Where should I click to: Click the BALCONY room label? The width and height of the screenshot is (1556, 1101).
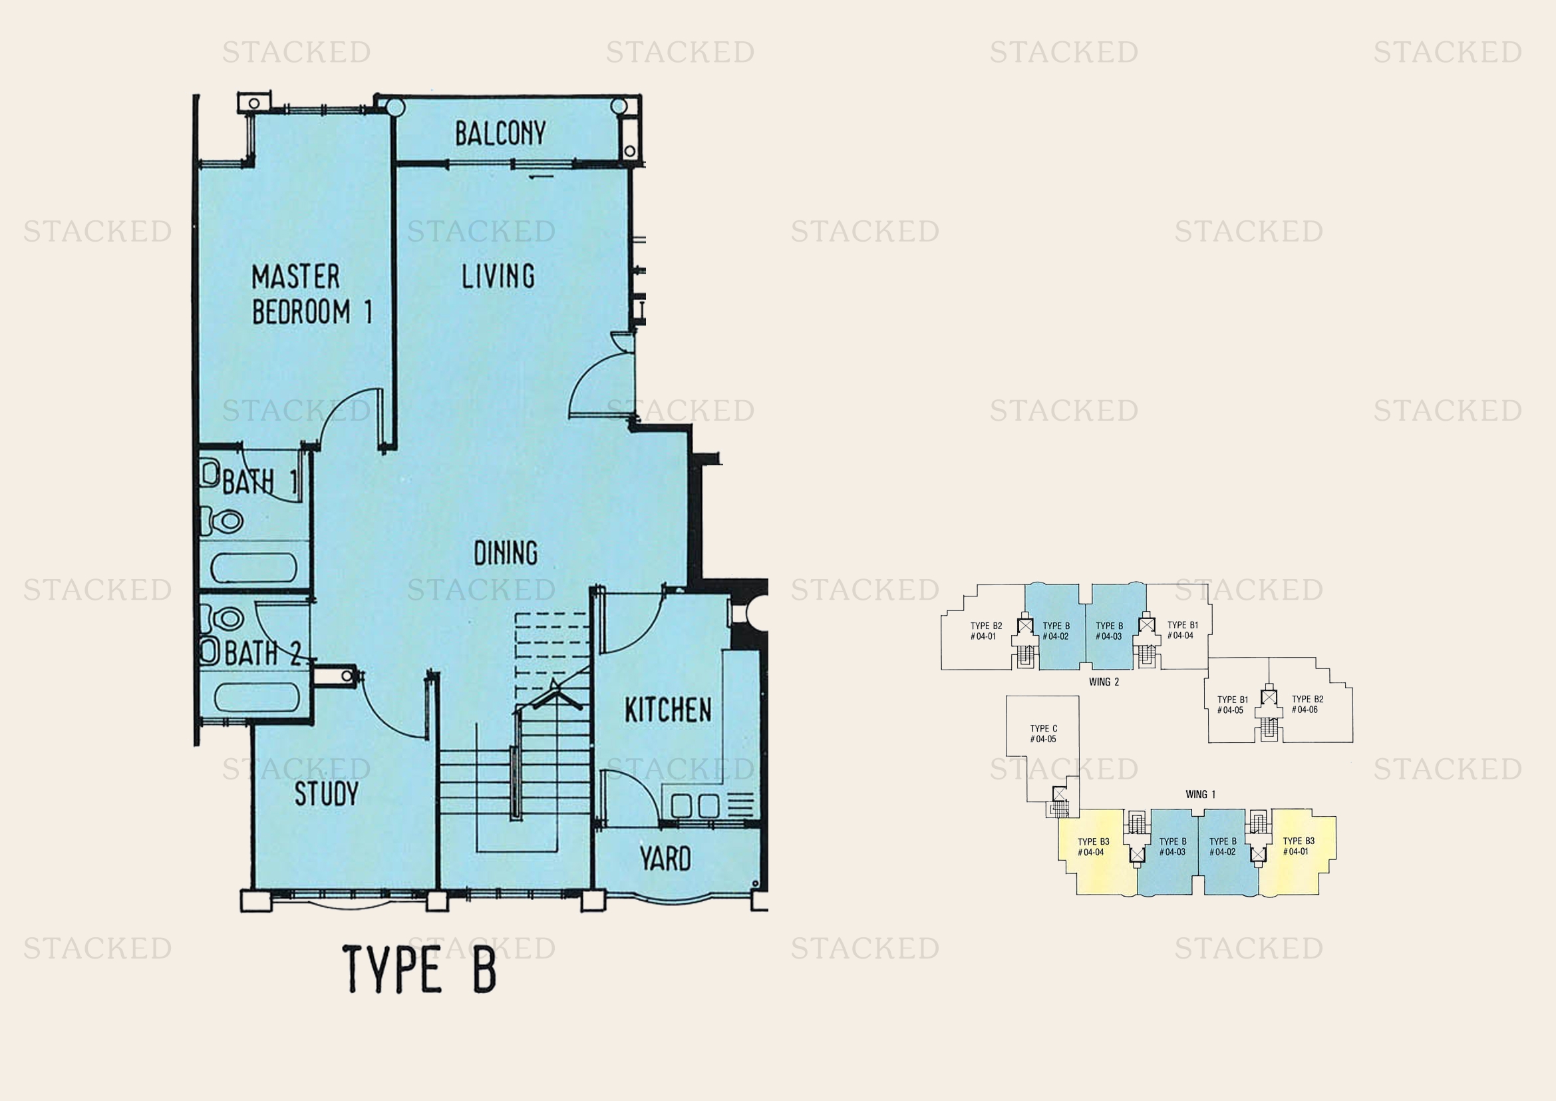(500, 134)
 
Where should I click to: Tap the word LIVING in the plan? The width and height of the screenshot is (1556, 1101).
(498, 277)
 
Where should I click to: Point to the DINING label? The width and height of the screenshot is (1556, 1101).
(506, 553)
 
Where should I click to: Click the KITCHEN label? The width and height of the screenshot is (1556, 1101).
(667, 710)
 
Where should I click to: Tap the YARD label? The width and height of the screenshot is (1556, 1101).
(665, 858)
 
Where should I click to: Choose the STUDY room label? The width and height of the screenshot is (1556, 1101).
(326, 793)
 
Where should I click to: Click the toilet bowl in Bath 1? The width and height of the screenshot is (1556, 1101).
(227, 521)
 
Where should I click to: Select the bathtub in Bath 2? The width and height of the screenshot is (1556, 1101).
(257, 697)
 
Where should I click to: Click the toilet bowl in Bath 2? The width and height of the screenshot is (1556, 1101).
(226, 618)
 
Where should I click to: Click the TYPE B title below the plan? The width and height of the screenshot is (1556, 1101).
(420, 969)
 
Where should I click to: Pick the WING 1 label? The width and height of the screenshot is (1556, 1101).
(1200, 795)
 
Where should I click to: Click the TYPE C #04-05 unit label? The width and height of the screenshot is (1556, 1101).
(1043, 734)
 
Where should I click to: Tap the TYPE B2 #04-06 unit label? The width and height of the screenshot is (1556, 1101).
(1307, 704)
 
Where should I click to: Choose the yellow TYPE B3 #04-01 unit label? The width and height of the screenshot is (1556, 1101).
(1298, 846)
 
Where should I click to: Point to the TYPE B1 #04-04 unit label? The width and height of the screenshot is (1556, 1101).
(1182, 630)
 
